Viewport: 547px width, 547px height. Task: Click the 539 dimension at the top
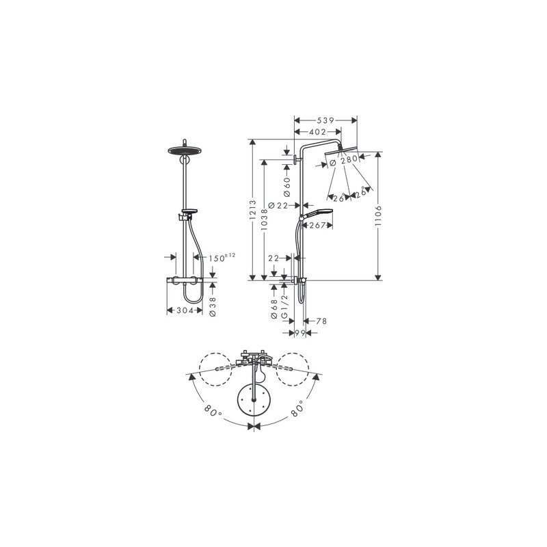click(x=325, y=120)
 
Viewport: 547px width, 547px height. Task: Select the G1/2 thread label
click(x=284, y=312)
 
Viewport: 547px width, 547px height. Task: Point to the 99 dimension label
click(x=298, y=333)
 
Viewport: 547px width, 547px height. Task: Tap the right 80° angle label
click(x=297, y=412)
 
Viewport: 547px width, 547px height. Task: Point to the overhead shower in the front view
click(x=183, y=152)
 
